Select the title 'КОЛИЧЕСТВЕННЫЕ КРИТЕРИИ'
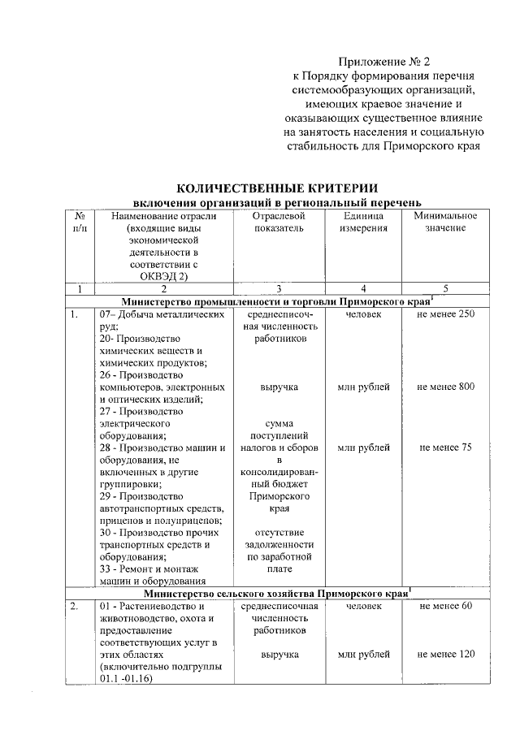click(278, 188)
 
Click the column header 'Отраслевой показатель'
click(279, 223)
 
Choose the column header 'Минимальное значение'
click(444, 223)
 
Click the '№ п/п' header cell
click(80, 223)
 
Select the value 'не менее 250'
click(445, 314)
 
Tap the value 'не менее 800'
click(445, 387)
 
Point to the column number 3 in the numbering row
click(279, 288)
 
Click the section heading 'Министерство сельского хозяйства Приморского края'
click(278, 592)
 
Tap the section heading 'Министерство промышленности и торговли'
click(236, 301)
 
